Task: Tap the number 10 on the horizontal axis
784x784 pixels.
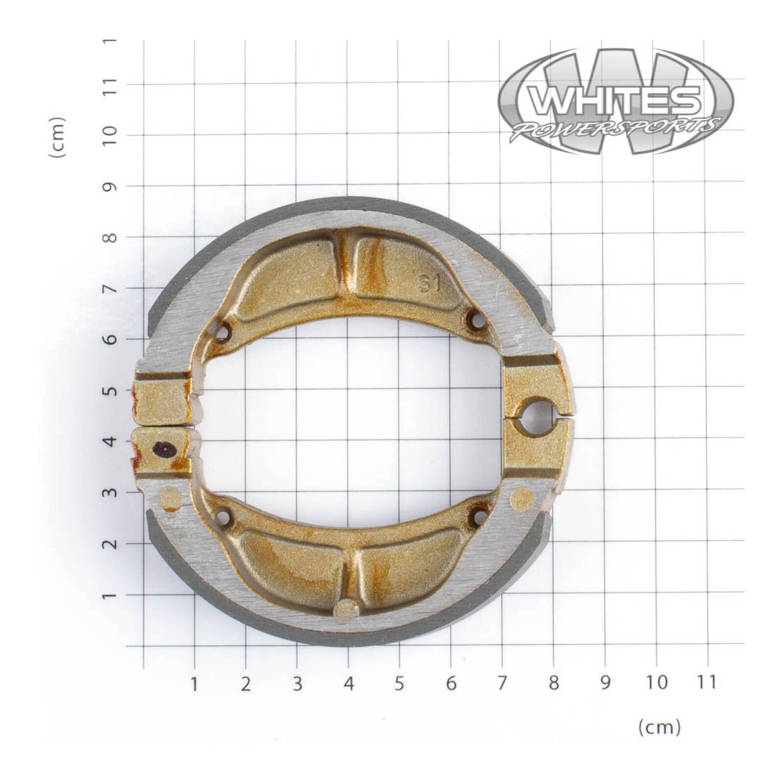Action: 657,682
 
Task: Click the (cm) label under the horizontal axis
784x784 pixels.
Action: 659,727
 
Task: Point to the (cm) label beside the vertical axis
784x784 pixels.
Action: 57,137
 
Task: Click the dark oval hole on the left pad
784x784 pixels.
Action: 163,448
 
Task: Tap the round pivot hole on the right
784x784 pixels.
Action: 538,416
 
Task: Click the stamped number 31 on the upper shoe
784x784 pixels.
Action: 430,284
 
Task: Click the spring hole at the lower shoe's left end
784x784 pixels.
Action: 223,516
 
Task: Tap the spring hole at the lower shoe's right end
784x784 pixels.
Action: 479,515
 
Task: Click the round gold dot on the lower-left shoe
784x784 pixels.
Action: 171,498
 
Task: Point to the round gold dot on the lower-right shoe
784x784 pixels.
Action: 521,499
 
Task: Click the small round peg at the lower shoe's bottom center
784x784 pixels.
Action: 346,610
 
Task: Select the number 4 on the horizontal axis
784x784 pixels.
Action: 348,683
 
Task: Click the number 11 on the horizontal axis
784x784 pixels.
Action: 706,682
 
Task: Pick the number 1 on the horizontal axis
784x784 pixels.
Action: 195,683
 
